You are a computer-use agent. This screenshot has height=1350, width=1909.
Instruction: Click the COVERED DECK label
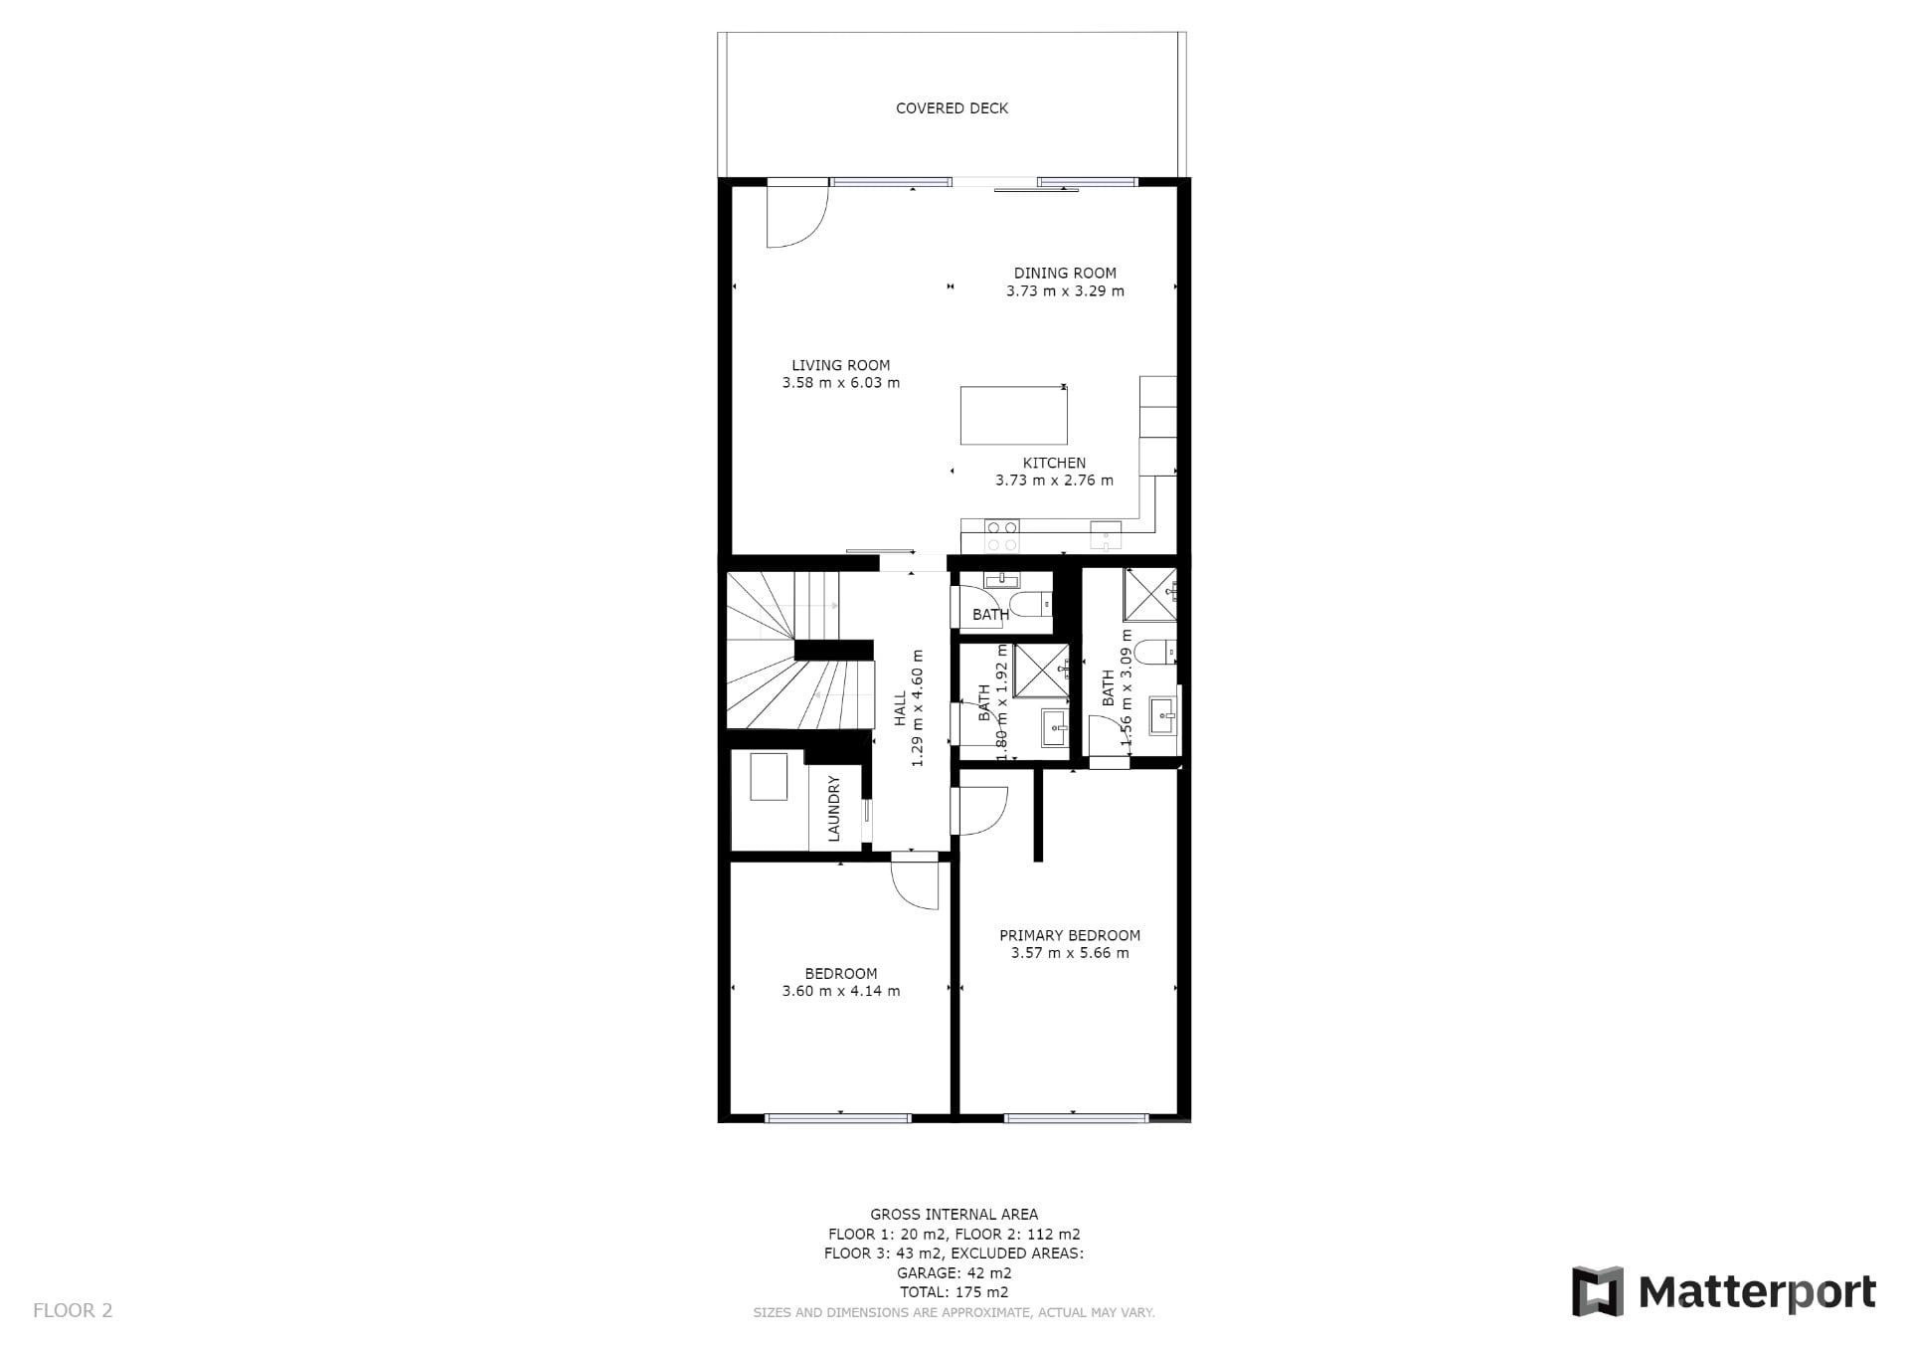pos(952,108)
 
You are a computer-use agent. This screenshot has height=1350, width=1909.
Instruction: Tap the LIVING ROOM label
pos(840,365)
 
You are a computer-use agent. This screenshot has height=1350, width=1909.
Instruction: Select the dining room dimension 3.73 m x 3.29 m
pos(1065,291)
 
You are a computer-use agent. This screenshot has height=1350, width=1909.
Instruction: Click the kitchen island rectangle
pos(1013,415)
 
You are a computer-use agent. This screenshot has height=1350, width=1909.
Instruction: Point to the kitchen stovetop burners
pos(1001,536)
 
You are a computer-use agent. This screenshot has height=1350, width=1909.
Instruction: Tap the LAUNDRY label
pos(833,809)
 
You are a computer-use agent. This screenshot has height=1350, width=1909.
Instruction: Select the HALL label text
pos(899,708)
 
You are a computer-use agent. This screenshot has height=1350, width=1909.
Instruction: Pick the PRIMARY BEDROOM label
pos(1069,935)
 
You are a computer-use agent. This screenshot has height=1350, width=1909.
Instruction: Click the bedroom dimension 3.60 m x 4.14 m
pos(841,991)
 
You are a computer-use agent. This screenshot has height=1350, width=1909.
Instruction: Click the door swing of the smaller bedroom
pos(915,881)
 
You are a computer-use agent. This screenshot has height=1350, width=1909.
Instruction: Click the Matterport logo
pos(1723,1291)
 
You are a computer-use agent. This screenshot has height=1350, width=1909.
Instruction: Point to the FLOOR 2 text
pos(73,1310)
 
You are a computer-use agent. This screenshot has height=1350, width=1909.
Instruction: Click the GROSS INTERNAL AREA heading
pos(954,1214)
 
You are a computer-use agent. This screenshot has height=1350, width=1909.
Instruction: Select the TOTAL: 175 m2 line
pos(954,1292)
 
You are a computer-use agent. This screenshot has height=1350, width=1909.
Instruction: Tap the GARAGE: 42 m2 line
pos(954,1272)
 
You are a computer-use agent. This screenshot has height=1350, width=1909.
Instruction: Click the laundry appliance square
pos(769,777)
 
